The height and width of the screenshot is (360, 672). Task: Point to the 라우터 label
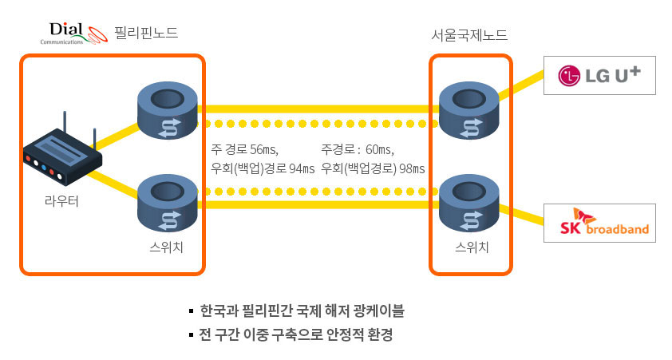point(61,200)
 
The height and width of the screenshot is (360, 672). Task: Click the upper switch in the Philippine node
point(167,111)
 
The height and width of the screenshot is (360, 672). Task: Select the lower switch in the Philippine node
point(167,204)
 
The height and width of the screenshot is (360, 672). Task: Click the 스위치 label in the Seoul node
point(472,246)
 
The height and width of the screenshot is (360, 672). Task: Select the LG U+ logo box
point(599,76)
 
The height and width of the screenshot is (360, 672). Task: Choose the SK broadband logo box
point(599,224)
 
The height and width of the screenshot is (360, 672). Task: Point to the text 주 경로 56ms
point(250,149)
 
